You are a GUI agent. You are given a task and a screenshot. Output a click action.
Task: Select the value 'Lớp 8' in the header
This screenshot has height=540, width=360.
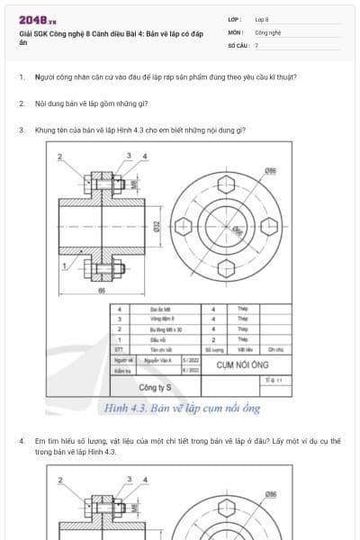click(x=262, y=19)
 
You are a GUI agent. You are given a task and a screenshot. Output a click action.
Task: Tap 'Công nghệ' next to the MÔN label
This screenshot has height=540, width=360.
click(x=267, y=31)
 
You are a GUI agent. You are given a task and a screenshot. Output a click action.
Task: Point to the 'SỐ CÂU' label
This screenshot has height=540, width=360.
click(x=238, y=44)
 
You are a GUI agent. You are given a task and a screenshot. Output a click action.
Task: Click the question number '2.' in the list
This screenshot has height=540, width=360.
click(x=22, y=103)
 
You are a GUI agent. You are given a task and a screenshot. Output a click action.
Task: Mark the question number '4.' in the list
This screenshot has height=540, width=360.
click(x=22, y=440)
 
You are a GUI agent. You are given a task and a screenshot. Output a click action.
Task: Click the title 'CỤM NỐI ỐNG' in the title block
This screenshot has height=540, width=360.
click(x=232, y=364)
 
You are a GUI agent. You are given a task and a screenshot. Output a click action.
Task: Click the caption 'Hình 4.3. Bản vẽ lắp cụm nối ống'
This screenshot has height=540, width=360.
click(x=182, y=409)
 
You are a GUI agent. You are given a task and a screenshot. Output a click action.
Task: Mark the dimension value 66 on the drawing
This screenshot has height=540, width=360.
click(x=102, y=290)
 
